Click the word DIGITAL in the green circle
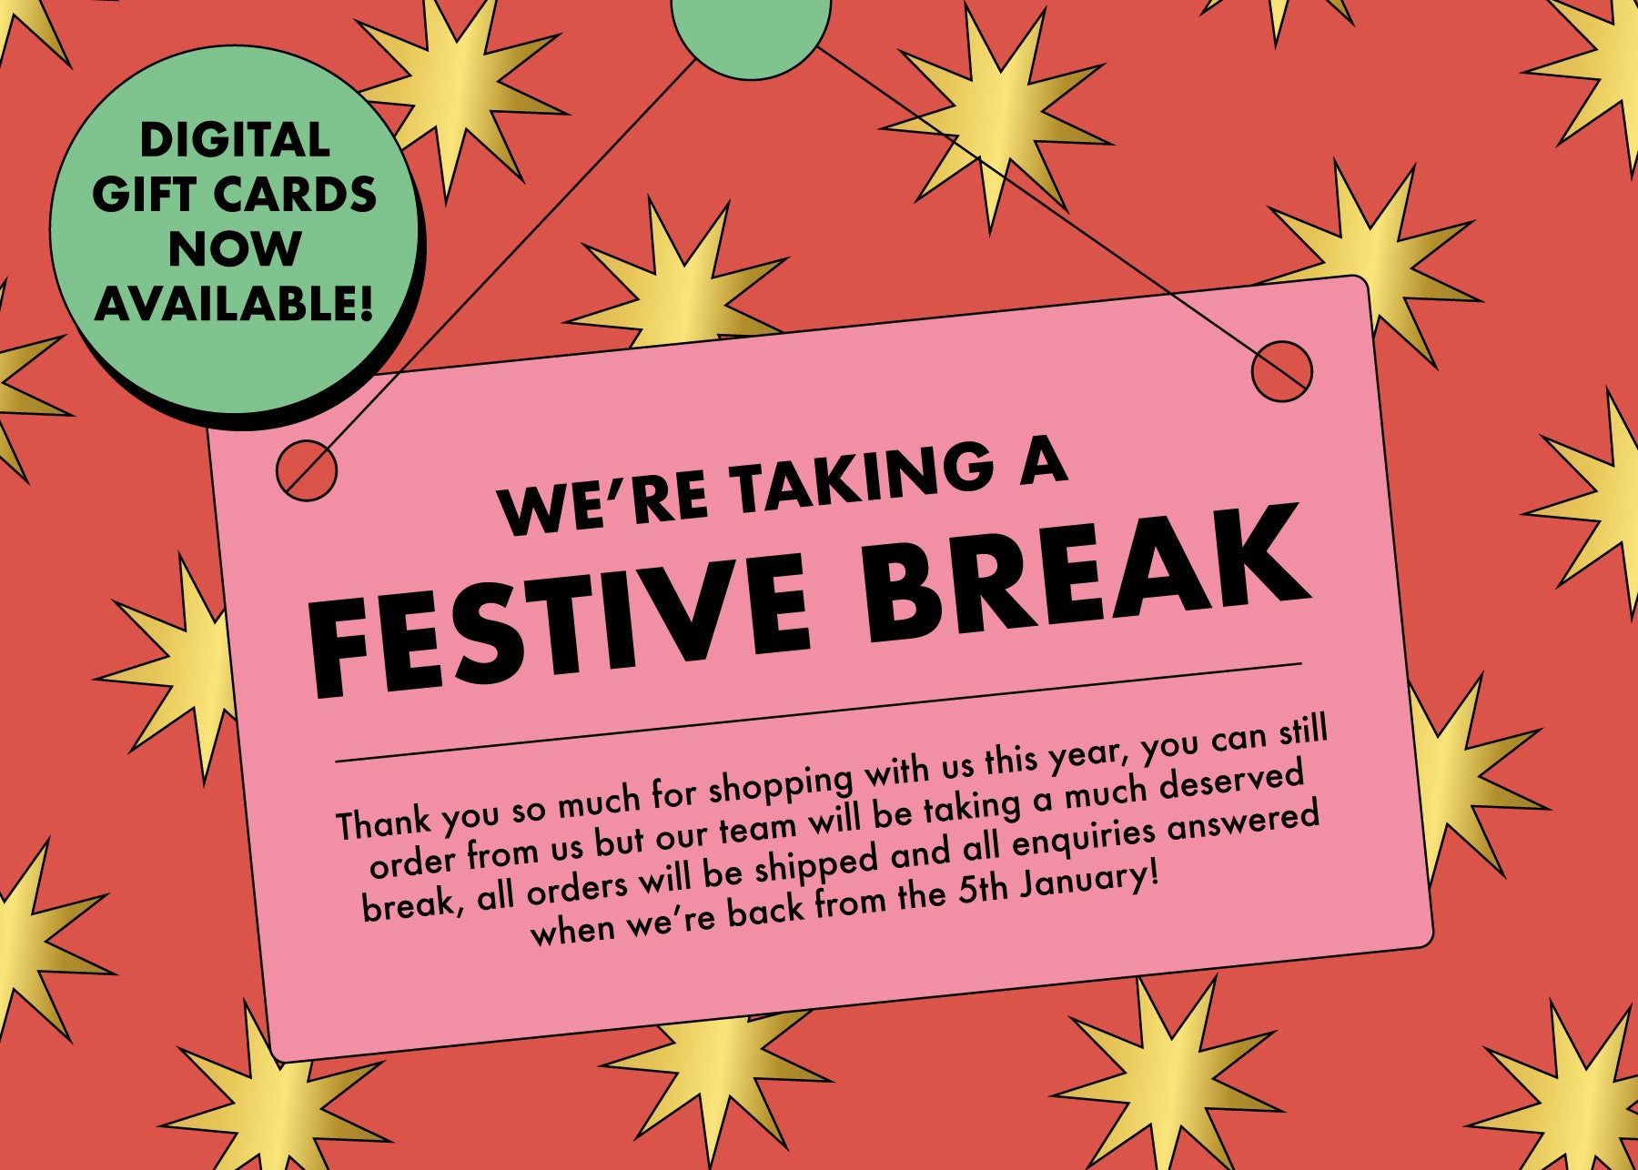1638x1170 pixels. pyautogui.click(x=235, y=141)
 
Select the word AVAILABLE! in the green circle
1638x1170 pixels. pyautogui.click(x=235, y=303)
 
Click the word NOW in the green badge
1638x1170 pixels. pyautogui.click(x=235, y=248)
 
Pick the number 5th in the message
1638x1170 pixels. pyautogui.click(x=982, y=891)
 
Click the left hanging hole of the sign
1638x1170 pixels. pyautogui.click(x=306, y=470)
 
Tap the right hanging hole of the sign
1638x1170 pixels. pyautogui.click(x=1281, y=371)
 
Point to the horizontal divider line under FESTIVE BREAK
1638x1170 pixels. pyautogui.click(x=818, y=711)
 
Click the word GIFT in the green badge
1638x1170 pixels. pyautogui.click(x=145, y=195)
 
